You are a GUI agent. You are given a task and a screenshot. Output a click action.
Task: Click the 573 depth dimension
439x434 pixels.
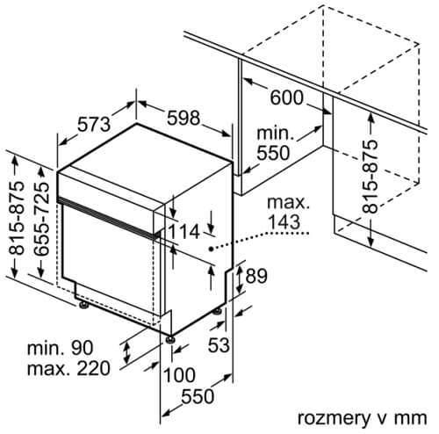coord(94,124)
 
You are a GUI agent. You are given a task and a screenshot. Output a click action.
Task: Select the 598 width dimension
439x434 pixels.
coord(184,119)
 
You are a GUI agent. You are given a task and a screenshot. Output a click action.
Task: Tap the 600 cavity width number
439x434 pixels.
coord(286,98)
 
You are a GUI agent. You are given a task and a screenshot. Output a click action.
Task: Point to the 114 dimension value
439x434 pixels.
coord(184,232)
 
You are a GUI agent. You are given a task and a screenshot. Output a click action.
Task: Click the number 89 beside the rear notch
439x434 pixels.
coord(256,276)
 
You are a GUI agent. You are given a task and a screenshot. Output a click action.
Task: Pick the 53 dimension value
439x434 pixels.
coord(219,344)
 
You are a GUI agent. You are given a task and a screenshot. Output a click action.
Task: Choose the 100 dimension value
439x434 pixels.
coord(179,375)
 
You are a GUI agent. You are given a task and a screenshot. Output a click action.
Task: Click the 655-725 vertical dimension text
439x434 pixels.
coord(41,219)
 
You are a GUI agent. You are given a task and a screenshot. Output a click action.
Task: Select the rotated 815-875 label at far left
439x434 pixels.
coord(16,218)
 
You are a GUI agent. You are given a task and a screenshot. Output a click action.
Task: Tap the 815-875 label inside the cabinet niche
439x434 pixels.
coord(370,177)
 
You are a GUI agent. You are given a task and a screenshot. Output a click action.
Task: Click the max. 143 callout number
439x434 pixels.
coord(284,221)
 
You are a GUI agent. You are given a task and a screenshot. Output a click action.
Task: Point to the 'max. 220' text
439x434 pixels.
coord(68,368)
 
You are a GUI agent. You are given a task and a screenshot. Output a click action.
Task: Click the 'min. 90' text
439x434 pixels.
coord(60,348)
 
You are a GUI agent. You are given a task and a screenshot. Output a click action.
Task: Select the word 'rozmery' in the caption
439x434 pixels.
coord(334,418)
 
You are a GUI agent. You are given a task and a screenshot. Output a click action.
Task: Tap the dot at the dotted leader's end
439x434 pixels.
coord(211,249)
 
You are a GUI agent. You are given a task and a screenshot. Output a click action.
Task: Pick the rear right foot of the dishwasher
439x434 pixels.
coord(218,311)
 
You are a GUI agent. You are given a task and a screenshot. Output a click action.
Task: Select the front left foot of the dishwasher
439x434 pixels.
coord(83,305)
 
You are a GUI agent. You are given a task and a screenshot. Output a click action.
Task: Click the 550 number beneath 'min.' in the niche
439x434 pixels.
coord(273,153)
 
